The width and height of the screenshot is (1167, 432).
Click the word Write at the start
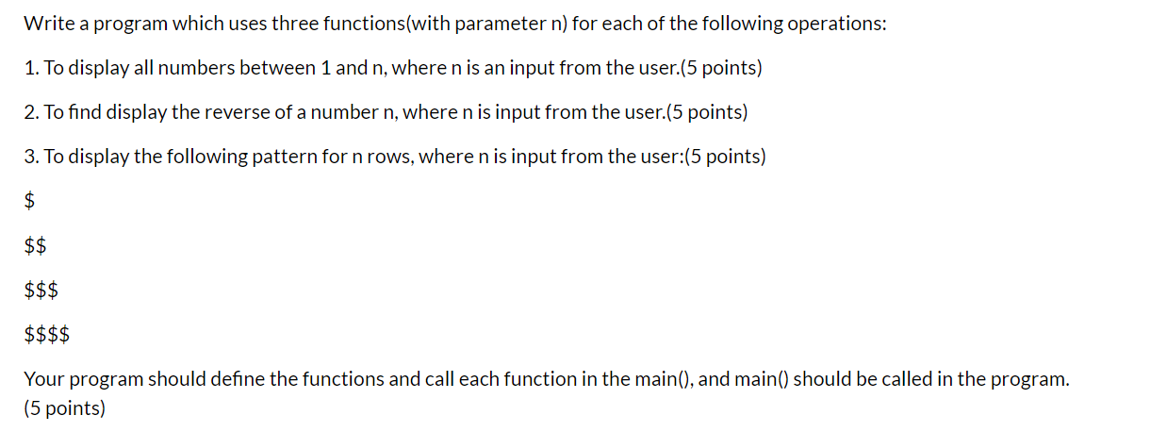pos(48,25)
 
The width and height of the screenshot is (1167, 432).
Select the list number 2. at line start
pos(32,113)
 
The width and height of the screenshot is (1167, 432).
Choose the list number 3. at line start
pos(32,157)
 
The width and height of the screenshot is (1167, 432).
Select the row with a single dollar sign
pos(30,201)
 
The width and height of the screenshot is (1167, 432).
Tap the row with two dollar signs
pos(36,246)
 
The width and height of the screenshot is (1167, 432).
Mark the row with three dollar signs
pos(41,291)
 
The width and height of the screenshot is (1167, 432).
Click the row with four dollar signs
pos(47,335)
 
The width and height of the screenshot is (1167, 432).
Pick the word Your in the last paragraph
pos(43,379)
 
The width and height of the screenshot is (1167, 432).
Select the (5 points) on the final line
pos(65,409)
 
